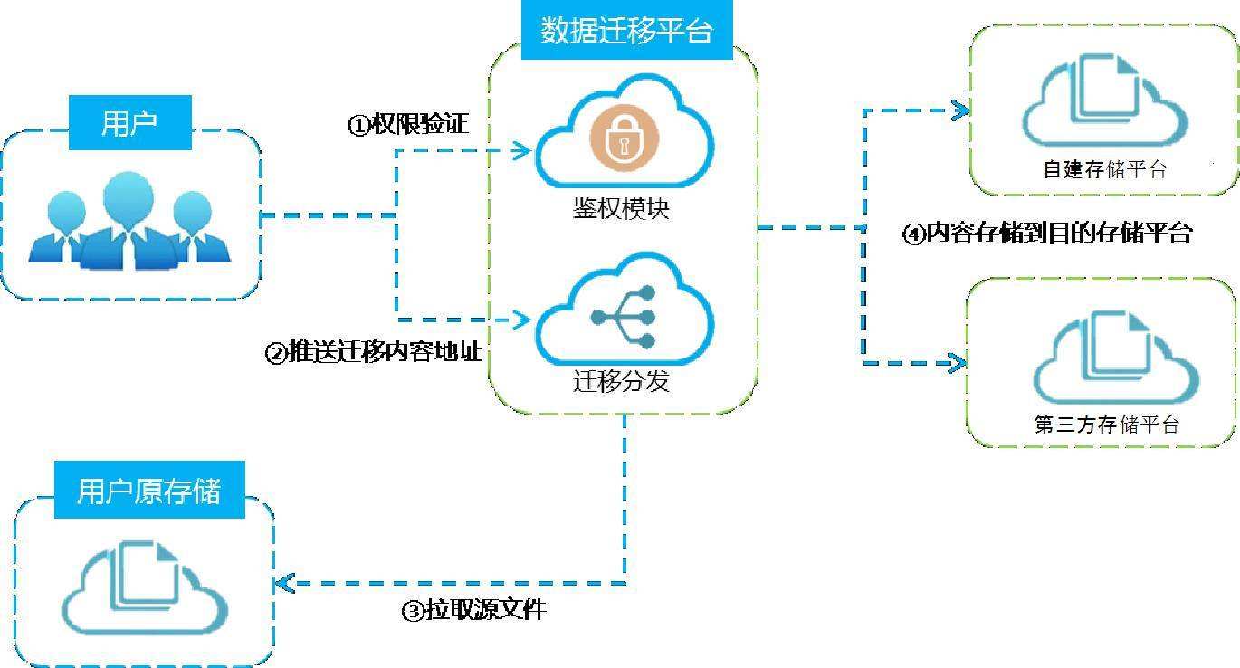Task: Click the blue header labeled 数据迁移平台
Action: (x=626, y=32)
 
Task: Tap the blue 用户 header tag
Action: (x=130, y=122)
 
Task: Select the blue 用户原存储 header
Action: (x=149, y=491)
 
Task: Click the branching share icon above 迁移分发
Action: (x=624, y=316)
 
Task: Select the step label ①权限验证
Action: (x=408, y=124)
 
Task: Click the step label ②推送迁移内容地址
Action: (x=373, y=351)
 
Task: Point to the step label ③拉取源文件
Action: (x=473, y=610)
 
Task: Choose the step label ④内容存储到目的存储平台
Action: (x=1048, y=233)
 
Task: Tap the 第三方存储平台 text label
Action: (x=1106, y=425)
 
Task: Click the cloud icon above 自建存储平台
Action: (x=1104, y=98)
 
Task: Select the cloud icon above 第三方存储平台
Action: (x=1115, y=356)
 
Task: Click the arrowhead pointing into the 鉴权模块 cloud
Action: (x=522, y=150)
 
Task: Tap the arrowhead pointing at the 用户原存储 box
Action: (x=286, y=583)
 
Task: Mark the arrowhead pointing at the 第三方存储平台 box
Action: (x=956, y=363)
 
